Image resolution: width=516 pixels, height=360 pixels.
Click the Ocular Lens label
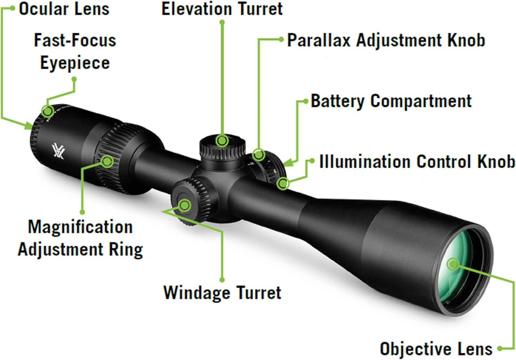pos(64,9)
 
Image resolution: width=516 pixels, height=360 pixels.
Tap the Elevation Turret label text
pos(222,9)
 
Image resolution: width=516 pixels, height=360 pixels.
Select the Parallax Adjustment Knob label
pos(386,41)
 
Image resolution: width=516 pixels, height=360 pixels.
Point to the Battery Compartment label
pos(391,101)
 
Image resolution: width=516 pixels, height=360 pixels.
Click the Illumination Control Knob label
pos(417,161)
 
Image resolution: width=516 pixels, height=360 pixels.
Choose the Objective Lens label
pos(436,349)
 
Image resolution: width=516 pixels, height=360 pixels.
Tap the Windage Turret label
pos(222,293)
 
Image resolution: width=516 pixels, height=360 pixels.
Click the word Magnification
pos(80,227)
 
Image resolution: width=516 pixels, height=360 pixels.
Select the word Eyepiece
pos(75,63)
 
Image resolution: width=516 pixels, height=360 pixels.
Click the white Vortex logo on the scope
pos(58,151)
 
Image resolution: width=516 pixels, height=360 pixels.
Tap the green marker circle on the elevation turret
pos(222,140)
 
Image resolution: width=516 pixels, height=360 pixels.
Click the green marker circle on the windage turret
pos(185,205)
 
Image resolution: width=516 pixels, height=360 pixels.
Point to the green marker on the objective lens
pos(453,264)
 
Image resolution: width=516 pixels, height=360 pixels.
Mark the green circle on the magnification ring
pos(107,161)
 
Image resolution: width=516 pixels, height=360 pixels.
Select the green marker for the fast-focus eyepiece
pos(48,111)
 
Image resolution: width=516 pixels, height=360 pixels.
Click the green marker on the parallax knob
pos(259,155)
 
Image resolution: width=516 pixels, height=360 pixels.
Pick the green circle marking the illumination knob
pos(283,184)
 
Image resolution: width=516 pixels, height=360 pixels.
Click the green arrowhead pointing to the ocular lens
pos(29,126)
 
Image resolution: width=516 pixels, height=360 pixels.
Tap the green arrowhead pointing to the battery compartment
pos(288,163)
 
